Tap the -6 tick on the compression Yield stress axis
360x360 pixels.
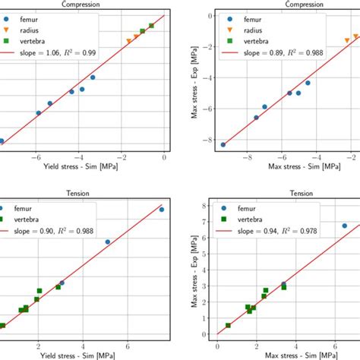pos(36,158)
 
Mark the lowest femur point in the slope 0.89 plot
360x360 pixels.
pos(223,144)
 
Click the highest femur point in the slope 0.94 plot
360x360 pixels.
pos(344,226)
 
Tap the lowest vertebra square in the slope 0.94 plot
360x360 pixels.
pos(229,325)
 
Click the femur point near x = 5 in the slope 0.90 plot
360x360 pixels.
pos(107,242)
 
